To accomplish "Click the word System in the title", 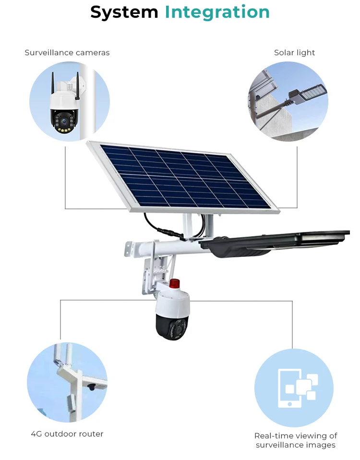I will click(124, 12).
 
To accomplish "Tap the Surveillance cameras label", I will click(67, 52).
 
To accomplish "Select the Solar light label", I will click(294, 52).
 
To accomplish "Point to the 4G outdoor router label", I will click(67, 434).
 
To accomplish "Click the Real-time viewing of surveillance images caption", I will click(296, 440).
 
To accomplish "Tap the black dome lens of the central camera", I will click(172, 327).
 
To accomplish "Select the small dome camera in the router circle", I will click(92, 387).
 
